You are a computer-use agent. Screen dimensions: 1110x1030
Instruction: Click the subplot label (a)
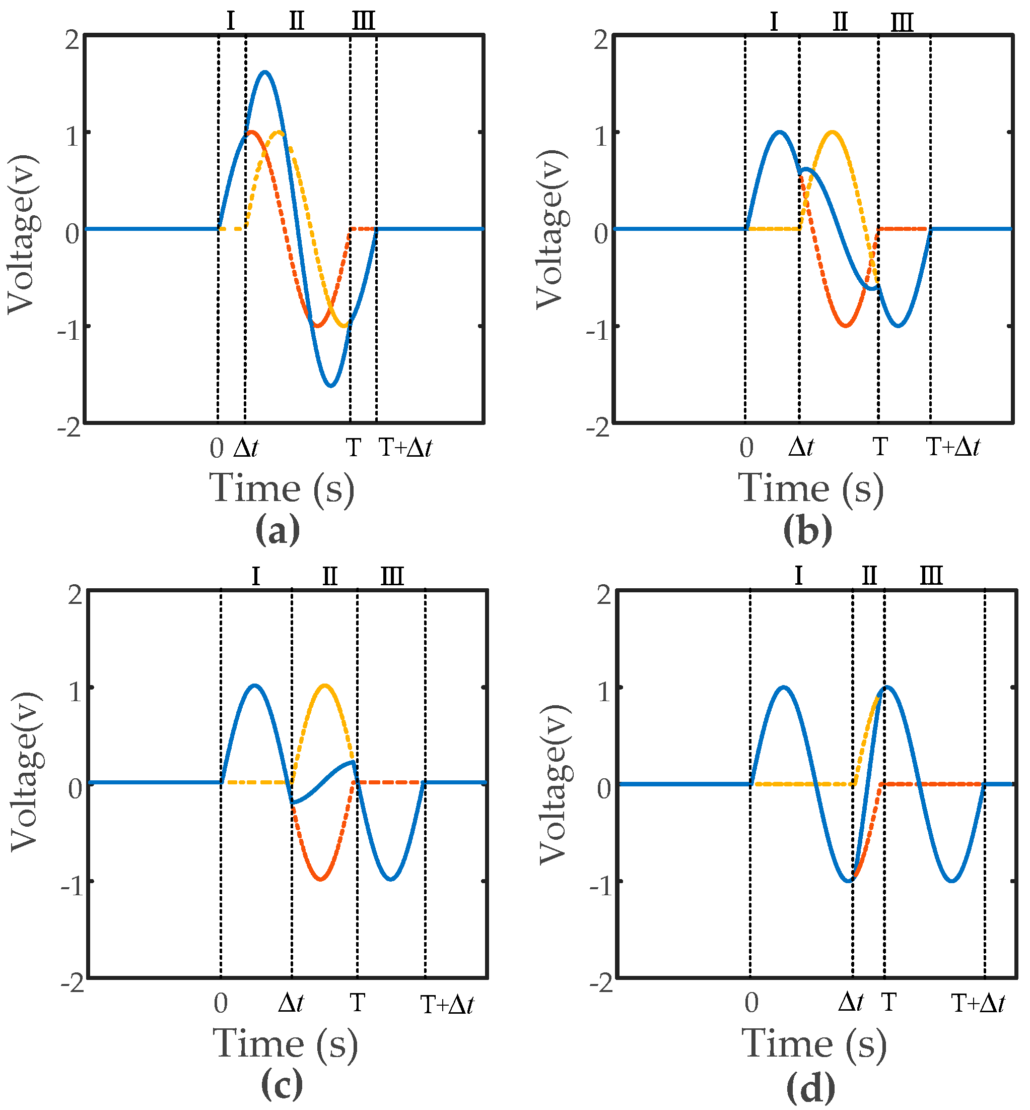(277, 530)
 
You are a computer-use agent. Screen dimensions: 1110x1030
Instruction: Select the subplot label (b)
(807, 530)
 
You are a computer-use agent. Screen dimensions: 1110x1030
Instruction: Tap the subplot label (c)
(282, 1085)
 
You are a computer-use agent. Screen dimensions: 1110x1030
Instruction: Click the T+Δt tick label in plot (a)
(405, 448)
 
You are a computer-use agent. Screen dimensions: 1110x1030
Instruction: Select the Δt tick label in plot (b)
(801, 447)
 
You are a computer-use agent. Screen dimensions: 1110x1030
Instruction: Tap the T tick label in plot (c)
(357, 1003)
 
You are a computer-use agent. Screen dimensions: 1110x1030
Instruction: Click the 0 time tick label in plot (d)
(751, 1004)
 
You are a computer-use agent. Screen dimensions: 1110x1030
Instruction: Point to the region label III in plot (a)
(364, 21)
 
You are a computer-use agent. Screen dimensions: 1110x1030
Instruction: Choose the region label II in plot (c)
(330, 575)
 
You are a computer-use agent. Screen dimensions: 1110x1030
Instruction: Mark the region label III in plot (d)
(931, 575)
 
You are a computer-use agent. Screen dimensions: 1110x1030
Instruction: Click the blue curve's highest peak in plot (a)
(264, 72)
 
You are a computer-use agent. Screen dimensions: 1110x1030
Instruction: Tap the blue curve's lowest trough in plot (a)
(331, 386)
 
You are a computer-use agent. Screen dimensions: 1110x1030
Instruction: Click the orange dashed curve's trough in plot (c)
(320, 880)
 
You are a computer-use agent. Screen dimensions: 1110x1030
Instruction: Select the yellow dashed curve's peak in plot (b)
(832, 132)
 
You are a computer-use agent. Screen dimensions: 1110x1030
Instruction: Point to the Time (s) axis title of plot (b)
(811, 488)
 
